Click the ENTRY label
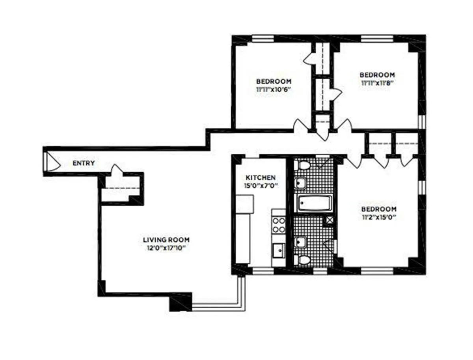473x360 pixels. (84, 163)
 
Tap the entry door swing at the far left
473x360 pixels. (51, 162)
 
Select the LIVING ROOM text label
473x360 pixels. (166, 240)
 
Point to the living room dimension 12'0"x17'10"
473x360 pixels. (166, 248)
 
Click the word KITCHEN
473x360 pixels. (260, 177)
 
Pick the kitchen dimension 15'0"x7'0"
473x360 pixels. (260, 185)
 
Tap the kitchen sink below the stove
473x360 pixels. (279, 249)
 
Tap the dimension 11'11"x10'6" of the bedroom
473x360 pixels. (276, 90)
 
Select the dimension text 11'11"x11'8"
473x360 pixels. (377, 83)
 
